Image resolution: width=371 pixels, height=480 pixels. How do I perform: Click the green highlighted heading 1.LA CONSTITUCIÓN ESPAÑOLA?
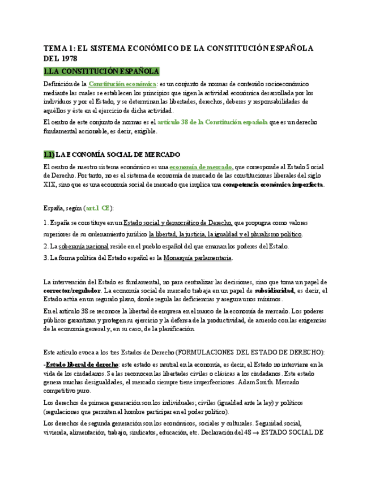pyautogui.click(x=101, y=71)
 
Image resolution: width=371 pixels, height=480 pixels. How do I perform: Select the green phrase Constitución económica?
pyautogui.click(x=125, y=84)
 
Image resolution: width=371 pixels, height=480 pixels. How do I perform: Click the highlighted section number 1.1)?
pyautogui.click(x=49, y=155)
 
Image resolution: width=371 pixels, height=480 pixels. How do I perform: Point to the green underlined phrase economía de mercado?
pyautogui.click(x=201, y=167)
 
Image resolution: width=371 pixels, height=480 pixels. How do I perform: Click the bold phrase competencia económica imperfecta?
pyautogui.click(x=273, y=185)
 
